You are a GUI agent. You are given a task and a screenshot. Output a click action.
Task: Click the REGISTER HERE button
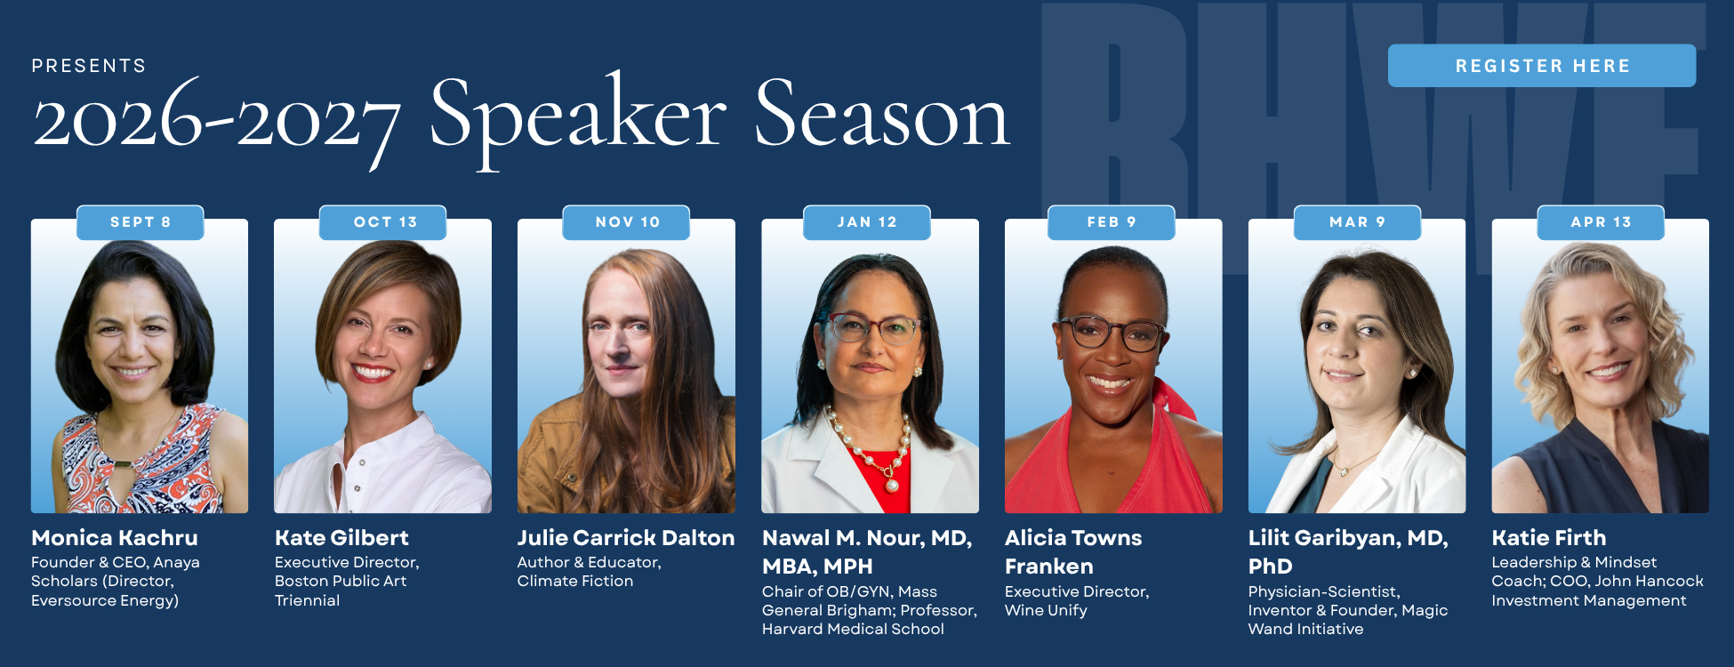pos(1542,66)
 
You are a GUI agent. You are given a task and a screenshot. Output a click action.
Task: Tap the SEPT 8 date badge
pos(140,222)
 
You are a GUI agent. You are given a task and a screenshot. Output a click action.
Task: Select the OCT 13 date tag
pos(383,222)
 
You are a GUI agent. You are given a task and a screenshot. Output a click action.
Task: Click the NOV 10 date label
pos(627,222)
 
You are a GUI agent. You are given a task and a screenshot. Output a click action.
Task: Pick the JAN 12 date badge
pos(867,222)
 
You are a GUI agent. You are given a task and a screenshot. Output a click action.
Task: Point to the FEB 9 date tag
pos(1112,222)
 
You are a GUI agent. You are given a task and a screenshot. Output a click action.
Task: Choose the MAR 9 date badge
pos(1357,222)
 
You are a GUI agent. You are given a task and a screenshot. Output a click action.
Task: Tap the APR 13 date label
pos(1601,222)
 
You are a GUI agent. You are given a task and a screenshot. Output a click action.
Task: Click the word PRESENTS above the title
pos(89,66)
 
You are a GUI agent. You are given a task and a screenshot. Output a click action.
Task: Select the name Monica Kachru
pos(115,538)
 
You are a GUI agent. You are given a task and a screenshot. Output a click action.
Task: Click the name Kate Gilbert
pos(341,538)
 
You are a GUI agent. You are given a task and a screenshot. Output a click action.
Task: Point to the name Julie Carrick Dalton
pos(626,538)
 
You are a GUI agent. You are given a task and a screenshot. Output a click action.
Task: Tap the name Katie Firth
pos(1549,538)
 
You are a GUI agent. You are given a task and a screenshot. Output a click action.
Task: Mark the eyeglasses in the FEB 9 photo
pos(1113,333)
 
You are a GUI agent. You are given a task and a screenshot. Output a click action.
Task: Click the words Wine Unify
pos(1046,610)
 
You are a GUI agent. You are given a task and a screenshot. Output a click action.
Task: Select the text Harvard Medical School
pos(853,629)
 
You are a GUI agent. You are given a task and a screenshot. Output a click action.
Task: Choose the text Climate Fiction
pos(575,581)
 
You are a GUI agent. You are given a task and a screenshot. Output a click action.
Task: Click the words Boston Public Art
pos(341,581)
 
